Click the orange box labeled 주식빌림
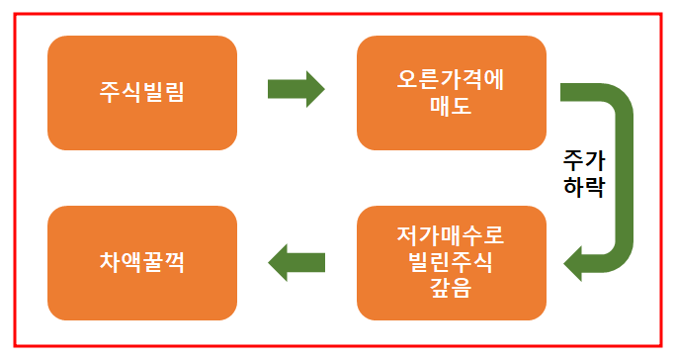(142, 93)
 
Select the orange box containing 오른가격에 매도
(451, 93)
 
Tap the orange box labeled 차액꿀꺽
(142, 263)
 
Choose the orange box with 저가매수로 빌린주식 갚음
(451, 263)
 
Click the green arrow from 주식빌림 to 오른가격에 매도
(295, 90)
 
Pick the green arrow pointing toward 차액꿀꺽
(295, 262)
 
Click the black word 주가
(583, 160)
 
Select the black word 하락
(583, 185)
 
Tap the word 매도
(451, 105)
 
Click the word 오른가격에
(451, 80)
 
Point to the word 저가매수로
(451, 239)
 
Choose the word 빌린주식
(451, 263)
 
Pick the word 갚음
(451, 288)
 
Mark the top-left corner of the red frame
(15, 14)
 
